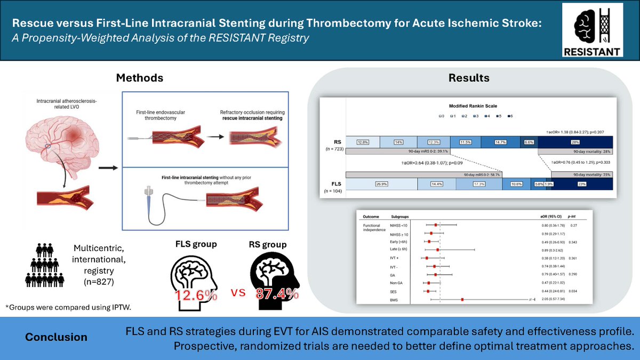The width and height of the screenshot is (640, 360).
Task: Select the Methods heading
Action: click(140, 78)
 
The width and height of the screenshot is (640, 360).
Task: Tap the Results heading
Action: click(468, 78)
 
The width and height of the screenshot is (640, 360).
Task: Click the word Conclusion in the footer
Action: click(57, 337)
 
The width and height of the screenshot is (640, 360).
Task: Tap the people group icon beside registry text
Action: click(46, 265)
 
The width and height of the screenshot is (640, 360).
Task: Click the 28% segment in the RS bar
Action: click(574, 142)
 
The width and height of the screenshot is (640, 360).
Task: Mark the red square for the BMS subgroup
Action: click(462, 300)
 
